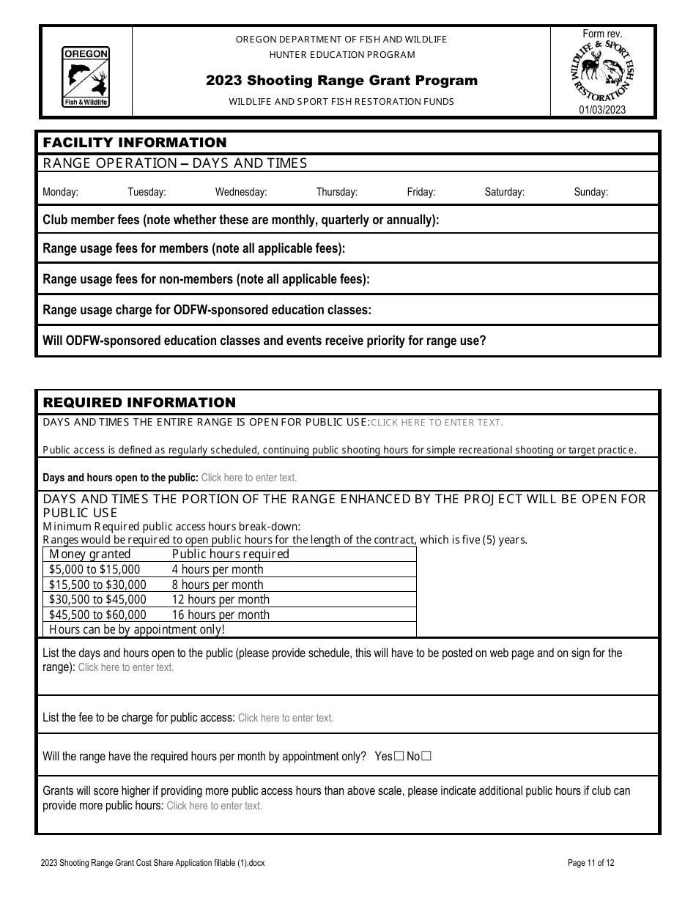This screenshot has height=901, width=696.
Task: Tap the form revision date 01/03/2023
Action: pyautogui.click(x=602, y=110)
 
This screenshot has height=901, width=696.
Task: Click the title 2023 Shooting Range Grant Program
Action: pyautogui.click(x=341, y=81)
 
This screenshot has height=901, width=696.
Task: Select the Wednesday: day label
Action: pyautogui.click(x=240, y=193)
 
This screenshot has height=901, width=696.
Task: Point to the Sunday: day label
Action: pyautogui.click(x=591, y=193)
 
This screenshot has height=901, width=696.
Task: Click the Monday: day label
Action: pyautogui.click(x=60, y=193)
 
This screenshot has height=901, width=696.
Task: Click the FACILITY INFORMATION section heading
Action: pyautogui.click(x=135, y=143)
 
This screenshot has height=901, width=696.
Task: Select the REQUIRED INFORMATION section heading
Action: pyautogui.click(x=139, y=402)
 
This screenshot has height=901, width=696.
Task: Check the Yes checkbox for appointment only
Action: pyautogui.click(x=399, y=756)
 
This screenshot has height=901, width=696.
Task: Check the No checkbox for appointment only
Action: pyautogui.click(x=426, y=756)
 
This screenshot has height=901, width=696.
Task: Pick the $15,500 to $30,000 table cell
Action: pyautogui.click(x=97, y=585)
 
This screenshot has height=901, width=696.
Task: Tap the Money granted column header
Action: pyautogui.click(x=89, y=554)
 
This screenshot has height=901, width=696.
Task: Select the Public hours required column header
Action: pyautogui.click(x=230, y=554)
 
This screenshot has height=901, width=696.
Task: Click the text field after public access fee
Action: pyautogui.click(x=286, y=718)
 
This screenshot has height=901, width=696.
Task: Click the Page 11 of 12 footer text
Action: pyautogui.click(x=591, y=863)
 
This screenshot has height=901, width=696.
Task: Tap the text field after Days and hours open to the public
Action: pyautogui.click(x=249, y=478)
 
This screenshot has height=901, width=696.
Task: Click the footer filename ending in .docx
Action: pyautogui.click(x=153, y=863)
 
